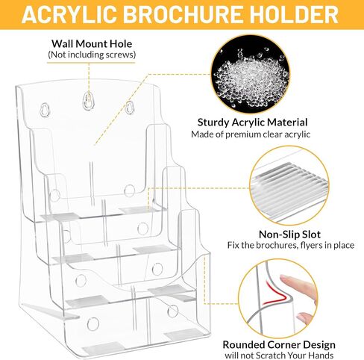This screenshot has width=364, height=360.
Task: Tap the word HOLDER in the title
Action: tap(294, 14)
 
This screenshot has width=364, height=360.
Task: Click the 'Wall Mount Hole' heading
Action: tap(92, 44)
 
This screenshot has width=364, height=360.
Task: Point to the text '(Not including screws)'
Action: tap(92, 55)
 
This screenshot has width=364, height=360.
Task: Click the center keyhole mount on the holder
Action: tap(87, 101)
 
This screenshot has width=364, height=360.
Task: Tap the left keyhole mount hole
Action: tap(45, 110)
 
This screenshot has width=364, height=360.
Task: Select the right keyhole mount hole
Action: tap(129, 108)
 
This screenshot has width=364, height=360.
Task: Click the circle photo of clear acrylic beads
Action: tap(251, 74)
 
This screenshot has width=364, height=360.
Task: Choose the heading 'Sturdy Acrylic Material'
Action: tap(252, 122)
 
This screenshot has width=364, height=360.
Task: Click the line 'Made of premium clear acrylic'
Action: tap(251, 134)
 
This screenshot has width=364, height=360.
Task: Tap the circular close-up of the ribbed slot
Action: tap(289, 186)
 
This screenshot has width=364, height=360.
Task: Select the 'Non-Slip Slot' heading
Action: tap(289, 235)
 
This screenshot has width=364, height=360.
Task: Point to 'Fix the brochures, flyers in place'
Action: tap(291, 246)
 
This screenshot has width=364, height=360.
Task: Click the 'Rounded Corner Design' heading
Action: tap(279, 345)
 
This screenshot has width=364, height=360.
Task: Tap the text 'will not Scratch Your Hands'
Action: tap(279, 356)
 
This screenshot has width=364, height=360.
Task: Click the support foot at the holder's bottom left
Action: tap(50, 311)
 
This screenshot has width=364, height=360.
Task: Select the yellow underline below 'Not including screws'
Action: tap(91, 62)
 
